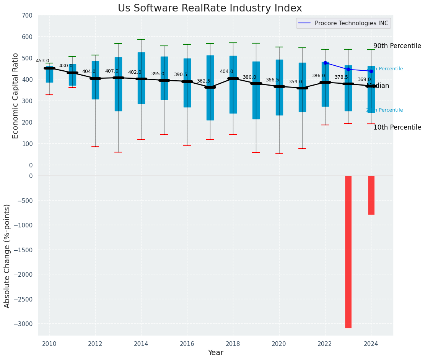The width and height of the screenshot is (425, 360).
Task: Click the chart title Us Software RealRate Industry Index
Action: point(210,8)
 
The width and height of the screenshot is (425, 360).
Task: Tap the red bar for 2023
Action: point(348,251)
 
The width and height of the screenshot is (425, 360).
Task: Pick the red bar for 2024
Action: point(371,195)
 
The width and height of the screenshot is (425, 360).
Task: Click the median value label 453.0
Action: point(42,61)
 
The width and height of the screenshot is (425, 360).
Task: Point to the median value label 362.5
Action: point(204,81)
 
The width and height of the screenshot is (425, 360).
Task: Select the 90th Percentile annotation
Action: point(397,46)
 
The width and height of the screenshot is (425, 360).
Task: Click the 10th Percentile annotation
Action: point(397,127)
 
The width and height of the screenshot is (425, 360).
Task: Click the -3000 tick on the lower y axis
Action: point(25,324)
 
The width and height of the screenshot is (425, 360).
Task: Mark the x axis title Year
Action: point(216,353)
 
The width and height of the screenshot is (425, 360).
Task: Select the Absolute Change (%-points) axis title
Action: point(7,256)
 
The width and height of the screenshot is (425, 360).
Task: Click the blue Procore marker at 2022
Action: point(325,63)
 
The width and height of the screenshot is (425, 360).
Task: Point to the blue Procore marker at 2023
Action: point(348,70)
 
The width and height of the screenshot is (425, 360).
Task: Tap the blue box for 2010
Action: point(49,74)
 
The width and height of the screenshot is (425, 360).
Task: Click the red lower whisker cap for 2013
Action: point(118,152)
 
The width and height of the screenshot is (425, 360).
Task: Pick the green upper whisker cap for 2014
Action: point(141,39)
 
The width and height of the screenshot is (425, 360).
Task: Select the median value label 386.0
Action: point(318,76)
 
